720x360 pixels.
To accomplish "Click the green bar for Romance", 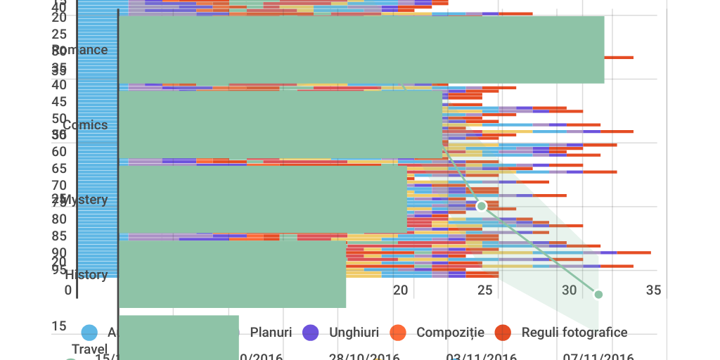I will pyautogui.click(x=361, y=49).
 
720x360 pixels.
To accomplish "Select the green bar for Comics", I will pyautogui.click(x=281, y=124).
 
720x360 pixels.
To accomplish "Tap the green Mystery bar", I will pyautogui.click(x=263, y=199).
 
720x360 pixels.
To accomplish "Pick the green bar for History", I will pyautogui.click(x=232, y=274).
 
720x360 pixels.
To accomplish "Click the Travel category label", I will pyautogui.click(x=89, y=349).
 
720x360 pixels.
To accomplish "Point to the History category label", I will pyautogui.click(x=86, y=275).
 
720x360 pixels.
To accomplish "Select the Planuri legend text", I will pyautogui.click(x=271, y=332).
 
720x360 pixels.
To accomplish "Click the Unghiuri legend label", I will pyautogui.click(x=354, y=332).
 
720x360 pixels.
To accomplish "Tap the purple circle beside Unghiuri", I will pyautogui.click(x=310, y=333).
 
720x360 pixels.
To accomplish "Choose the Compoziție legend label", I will pyautogui.click(x=450, y=332).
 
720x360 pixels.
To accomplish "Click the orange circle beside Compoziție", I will pyautogui.click(x=398, y=333).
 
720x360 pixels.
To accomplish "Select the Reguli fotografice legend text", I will pyautogui.click(x=574, y=332).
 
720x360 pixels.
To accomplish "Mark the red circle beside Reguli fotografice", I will pyautogui.click(x=503, y=333).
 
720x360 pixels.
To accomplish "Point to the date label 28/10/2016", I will pyautogui.click(x=364, y=356).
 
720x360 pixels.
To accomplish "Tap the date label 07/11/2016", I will pyautogui.click(x=598, y=356).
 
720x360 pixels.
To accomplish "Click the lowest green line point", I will pyautogui.click(x=598, y=295).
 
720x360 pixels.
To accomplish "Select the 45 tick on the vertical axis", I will pyautogui.click(x=59, y=101).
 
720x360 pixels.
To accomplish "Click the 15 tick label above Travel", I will pyautogui.click(x=59, y=326).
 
